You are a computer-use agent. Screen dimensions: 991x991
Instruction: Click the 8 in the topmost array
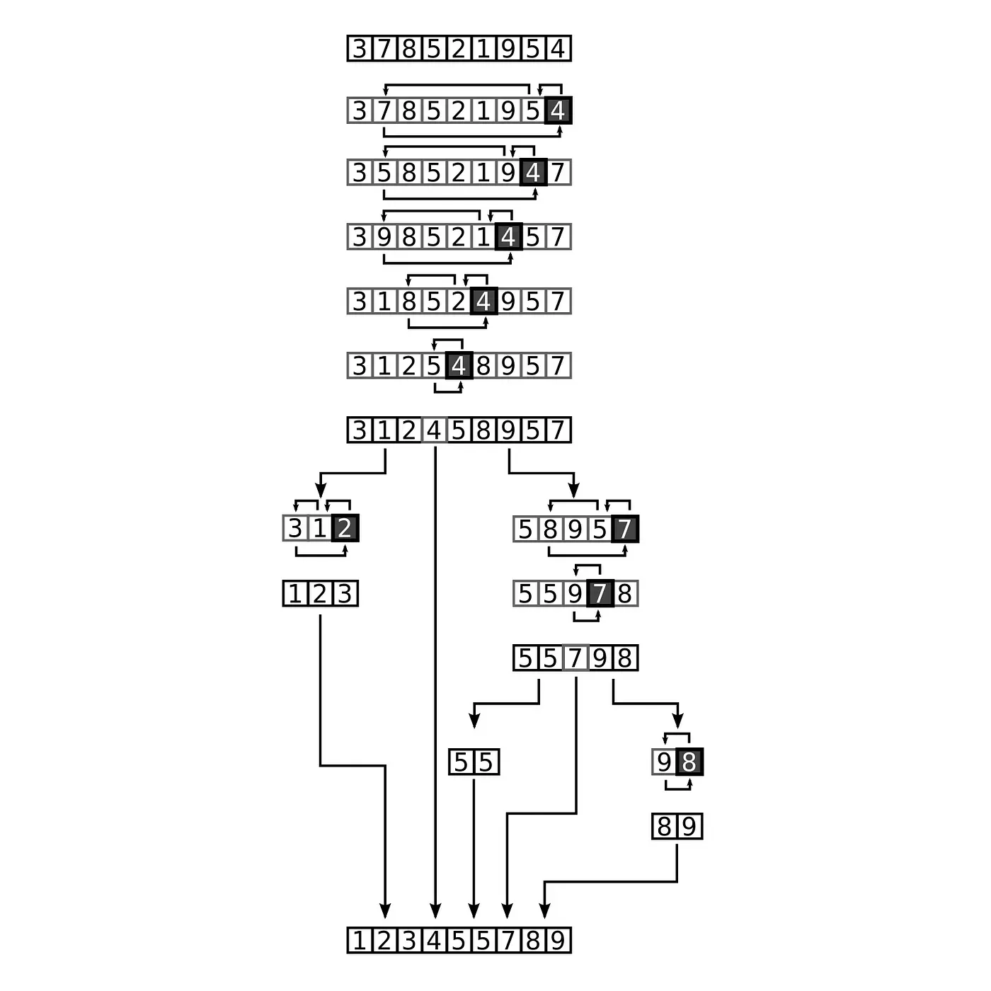point(409,49)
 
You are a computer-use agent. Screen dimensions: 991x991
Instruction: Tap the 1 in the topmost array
point(483,49)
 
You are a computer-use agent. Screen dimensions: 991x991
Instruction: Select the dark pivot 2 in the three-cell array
point(345,528)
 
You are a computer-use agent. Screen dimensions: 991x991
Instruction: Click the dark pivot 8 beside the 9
point(689,762)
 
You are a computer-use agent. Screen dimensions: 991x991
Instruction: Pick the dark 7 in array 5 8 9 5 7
point(625,529)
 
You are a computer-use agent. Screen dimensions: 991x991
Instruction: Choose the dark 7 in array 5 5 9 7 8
point(600,593)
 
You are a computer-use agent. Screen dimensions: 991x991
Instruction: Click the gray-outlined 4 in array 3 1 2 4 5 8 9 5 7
point(434,430)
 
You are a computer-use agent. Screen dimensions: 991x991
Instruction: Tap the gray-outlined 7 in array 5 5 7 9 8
point(575,658)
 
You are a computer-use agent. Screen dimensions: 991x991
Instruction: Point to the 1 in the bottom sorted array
point(360,941)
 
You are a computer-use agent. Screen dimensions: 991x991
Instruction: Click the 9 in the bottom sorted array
point(558,941)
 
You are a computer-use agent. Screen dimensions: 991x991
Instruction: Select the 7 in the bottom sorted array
point(509,941)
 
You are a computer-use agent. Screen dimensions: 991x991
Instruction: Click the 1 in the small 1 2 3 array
point(295,593)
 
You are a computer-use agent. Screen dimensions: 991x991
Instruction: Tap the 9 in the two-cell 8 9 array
point(689,827)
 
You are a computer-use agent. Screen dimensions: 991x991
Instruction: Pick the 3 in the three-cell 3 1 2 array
point(295,528)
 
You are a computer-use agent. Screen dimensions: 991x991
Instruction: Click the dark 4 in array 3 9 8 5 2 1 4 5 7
point(509,236)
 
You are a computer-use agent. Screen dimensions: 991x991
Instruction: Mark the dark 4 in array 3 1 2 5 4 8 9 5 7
point(459,366)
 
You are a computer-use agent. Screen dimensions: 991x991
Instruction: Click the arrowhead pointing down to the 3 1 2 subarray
point(321,490)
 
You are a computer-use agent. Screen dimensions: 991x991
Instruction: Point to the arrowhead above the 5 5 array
point(474,721)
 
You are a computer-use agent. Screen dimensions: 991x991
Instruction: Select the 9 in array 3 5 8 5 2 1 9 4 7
point(508,172)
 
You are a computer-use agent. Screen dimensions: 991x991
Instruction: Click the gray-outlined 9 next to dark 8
point(665,762)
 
